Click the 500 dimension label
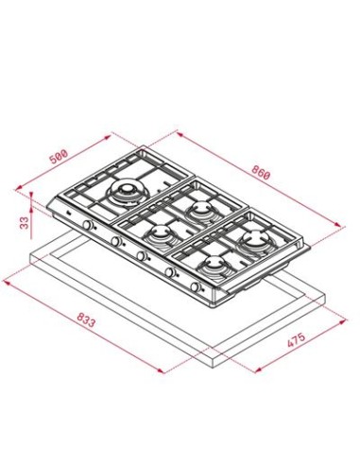[60, 157]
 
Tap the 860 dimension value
[261, 172]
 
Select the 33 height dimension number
[25, 222]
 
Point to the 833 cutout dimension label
[85, 319]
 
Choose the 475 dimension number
[296, 339]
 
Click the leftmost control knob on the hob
[88, 225]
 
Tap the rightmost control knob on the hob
[196, 286]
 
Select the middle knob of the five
[142, 256]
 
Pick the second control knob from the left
[116, 241]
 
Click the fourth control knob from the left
[170, 272]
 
